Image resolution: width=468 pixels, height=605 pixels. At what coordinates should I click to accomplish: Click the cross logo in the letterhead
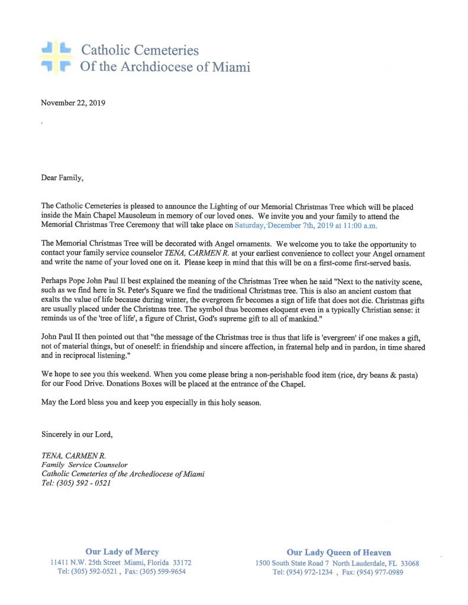pyautogui.click(x=56, y=57)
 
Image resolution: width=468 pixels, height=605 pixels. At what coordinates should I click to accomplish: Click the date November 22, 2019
pyautogui.click(x=73, y=102)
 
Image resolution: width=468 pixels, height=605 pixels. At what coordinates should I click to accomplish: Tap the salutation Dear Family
pyautogui.click(x=63, y=176)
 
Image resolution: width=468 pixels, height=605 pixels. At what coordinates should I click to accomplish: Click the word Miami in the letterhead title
pyautogui.click(x=228, y=67)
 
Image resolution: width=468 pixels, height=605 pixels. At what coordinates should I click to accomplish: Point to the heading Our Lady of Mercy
pyautogui.click(x=122, y=552)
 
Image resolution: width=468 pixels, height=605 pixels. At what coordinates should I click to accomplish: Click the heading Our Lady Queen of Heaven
pyautogui.click(x=338, y=552)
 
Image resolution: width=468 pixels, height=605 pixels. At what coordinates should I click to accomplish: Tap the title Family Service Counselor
pyautogui.click(x=85, y=465)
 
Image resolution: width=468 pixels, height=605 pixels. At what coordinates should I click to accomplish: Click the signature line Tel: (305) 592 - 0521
pyautogui.click(x=76, y=483)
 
